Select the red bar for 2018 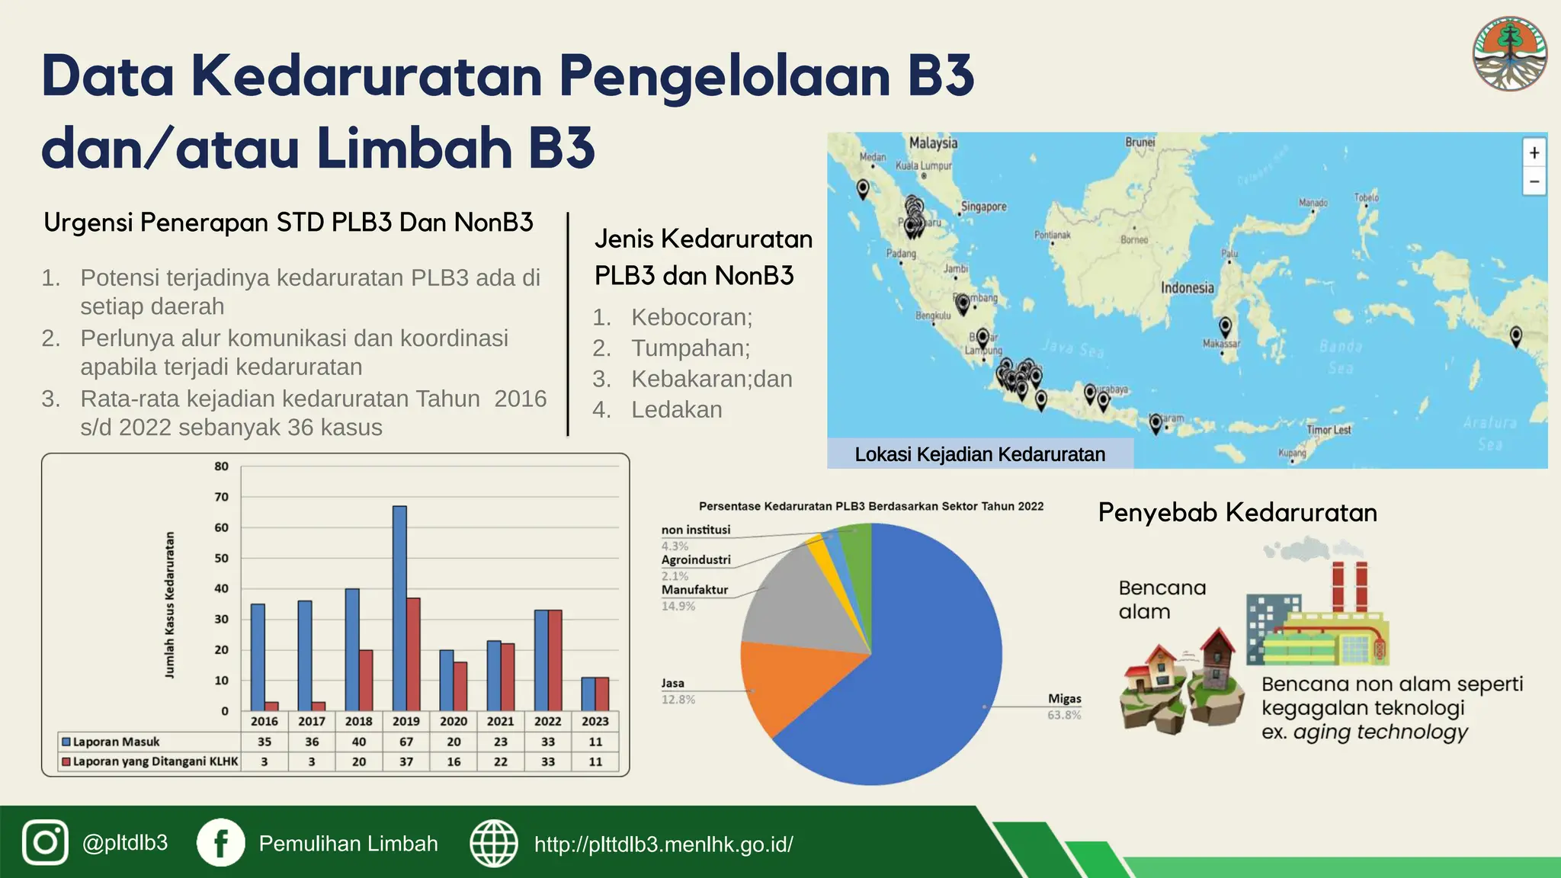(x=366, y=680)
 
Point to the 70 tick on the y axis (x=221, y=497)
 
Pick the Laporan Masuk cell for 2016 (x=264, y=742)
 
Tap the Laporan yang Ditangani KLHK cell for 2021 (x=501, y=761)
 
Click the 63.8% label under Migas (x=1064, y=715)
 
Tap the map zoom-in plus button (x=1534, y=152)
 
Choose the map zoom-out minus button (x=1534, y=181)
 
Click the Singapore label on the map (x=983, y=207)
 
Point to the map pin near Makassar (x=1226, y=326)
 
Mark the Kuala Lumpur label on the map (x=923, y=165)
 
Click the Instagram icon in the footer (x=45, y=843)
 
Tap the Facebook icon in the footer (x=221, y=843)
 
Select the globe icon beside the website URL (x=494, y=843)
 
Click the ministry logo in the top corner (x=1509, y=54)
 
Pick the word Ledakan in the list (x=677, y=410)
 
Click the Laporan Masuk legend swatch (x=66, y=742)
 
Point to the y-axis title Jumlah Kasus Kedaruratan (x=170, y=604)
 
